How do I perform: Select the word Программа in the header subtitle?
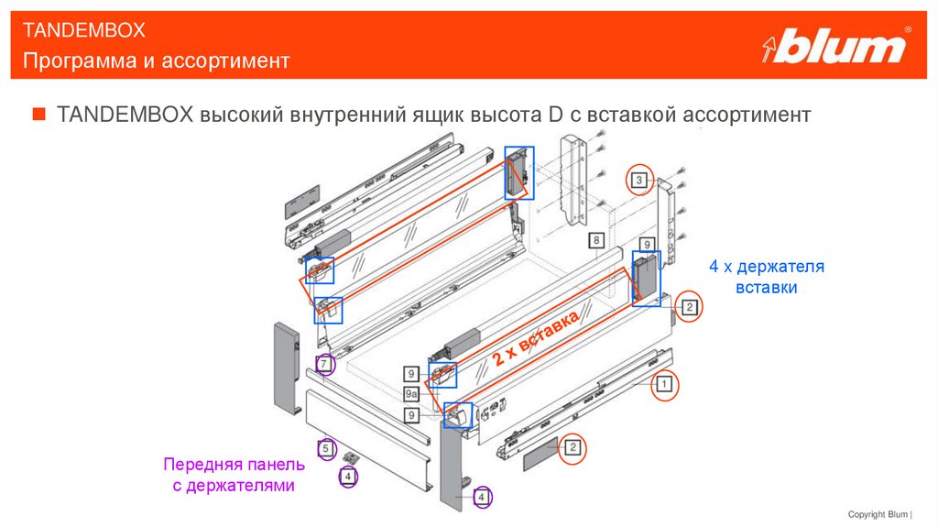[72, 61]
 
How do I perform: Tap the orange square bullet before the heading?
[38, 115]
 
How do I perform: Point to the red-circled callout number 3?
[639, 181]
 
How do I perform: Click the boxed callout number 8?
[595, 240]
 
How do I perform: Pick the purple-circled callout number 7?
[324, 365]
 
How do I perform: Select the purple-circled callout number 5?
[324, 449]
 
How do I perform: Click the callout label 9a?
[411, 394]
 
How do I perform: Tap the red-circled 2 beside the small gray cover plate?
[572, 448]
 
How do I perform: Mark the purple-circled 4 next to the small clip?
[347, 478]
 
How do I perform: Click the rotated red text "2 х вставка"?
[537, 339]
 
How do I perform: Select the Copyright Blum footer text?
[886, 514]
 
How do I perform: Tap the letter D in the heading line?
[555, 115]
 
